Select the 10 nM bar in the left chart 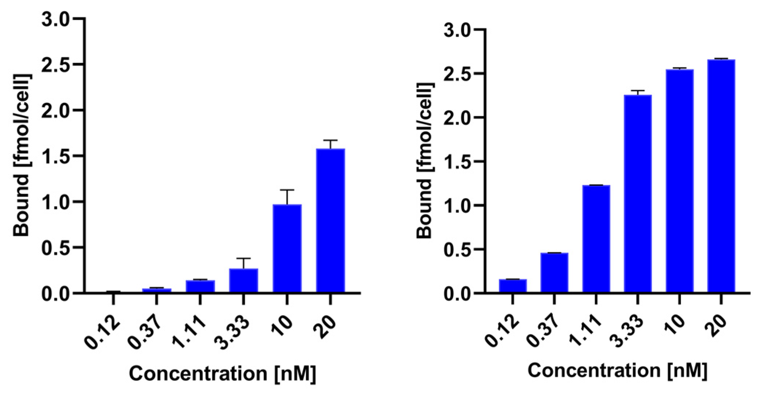(x=287, y=248)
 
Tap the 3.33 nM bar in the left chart (x=243, y=280)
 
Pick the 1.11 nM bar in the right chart (x=596, y=238)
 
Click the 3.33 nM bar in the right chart (x=638, y=193)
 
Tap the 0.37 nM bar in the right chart (x=554, y=272)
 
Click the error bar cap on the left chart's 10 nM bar (x=287, y=190)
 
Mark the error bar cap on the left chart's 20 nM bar (x=330, y=140)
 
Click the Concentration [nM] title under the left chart (x=222, y=373)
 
